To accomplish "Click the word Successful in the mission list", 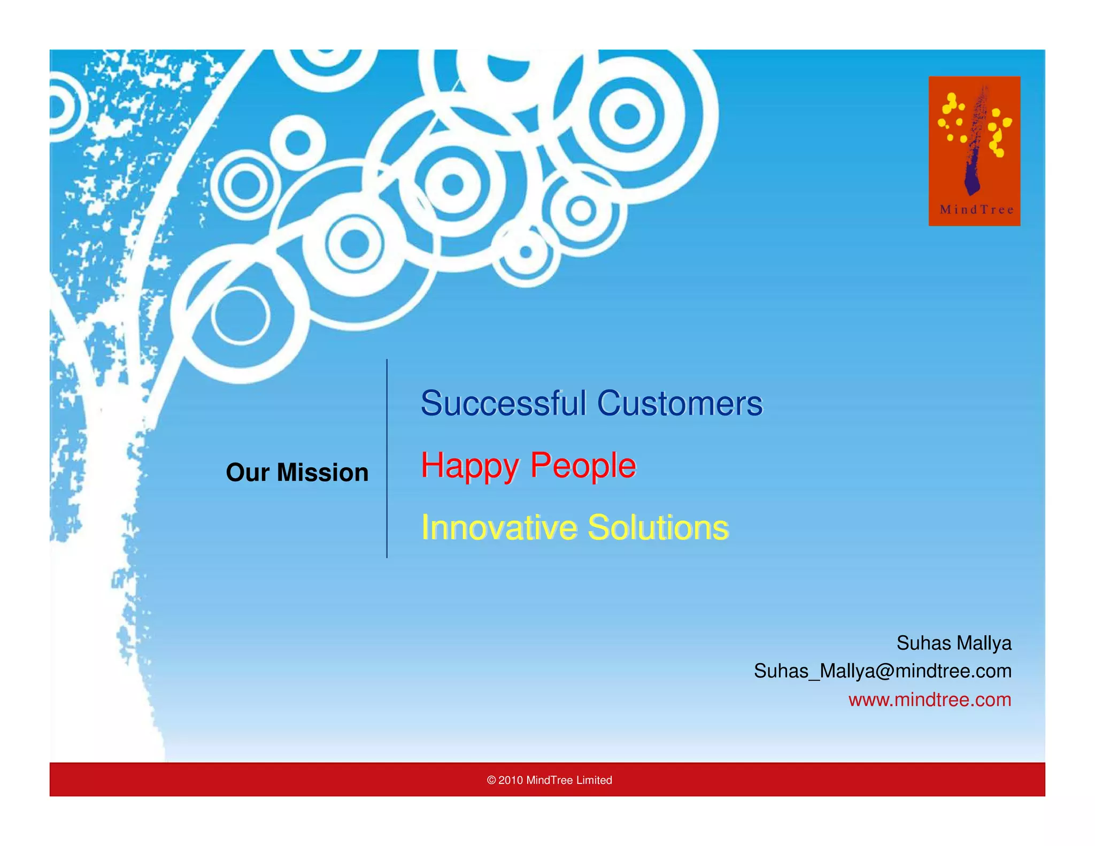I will point(503,403).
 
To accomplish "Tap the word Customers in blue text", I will point(680,403).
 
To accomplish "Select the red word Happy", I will point(469,466).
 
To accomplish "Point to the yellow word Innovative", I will point(499,528).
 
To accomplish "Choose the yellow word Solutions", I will point(658,528).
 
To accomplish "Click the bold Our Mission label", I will point(297,473).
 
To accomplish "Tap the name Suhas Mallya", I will point(953,643).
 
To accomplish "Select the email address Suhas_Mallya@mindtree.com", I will point(882,671).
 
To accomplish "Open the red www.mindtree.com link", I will point(929,699).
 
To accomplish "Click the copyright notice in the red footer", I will point(549,780).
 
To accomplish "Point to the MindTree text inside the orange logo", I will point(976,210).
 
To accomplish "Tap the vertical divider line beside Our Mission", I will point(387,459).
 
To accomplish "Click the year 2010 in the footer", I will point(510,780).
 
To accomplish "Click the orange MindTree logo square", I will point(974,151).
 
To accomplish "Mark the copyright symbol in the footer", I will point(491,780).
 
